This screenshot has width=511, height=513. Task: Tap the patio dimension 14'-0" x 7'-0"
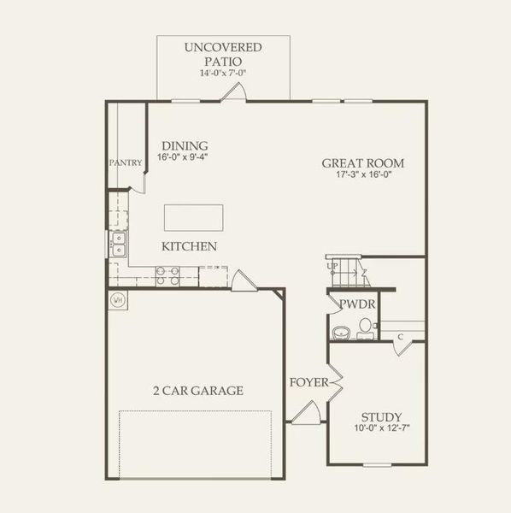pos(223,74)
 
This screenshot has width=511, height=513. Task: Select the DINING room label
pos(185,146)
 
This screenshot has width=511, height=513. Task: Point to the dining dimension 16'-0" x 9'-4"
pos(183,158)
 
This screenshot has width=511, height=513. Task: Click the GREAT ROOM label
pos(362,163)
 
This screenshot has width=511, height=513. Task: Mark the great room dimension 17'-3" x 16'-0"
pos(362,174)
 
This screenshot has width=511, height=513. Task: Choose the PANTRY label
pos(125,162)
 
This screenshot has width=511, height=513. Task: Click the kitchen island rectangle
pos(193,217)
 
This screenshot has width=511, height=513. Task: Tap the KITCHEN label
pos(189,246)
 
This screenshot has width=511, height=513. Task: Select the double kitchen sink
pos(118,245)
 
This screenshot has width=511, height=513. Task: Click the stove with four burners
pos(167,275)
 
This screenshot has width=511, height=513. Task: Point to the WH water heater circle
pos(118,300)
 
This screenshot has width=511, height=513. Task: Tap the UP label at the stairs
pos(332,266)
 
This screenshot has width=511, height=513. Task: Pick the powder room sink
pos(340,333)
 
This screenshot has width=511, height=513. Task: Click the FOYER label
pos(308,382)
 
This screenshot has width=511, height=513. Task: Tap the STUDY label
pos(381,416)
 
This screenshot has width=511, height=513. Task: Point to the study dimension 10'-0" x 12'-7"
pos(381,428)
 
